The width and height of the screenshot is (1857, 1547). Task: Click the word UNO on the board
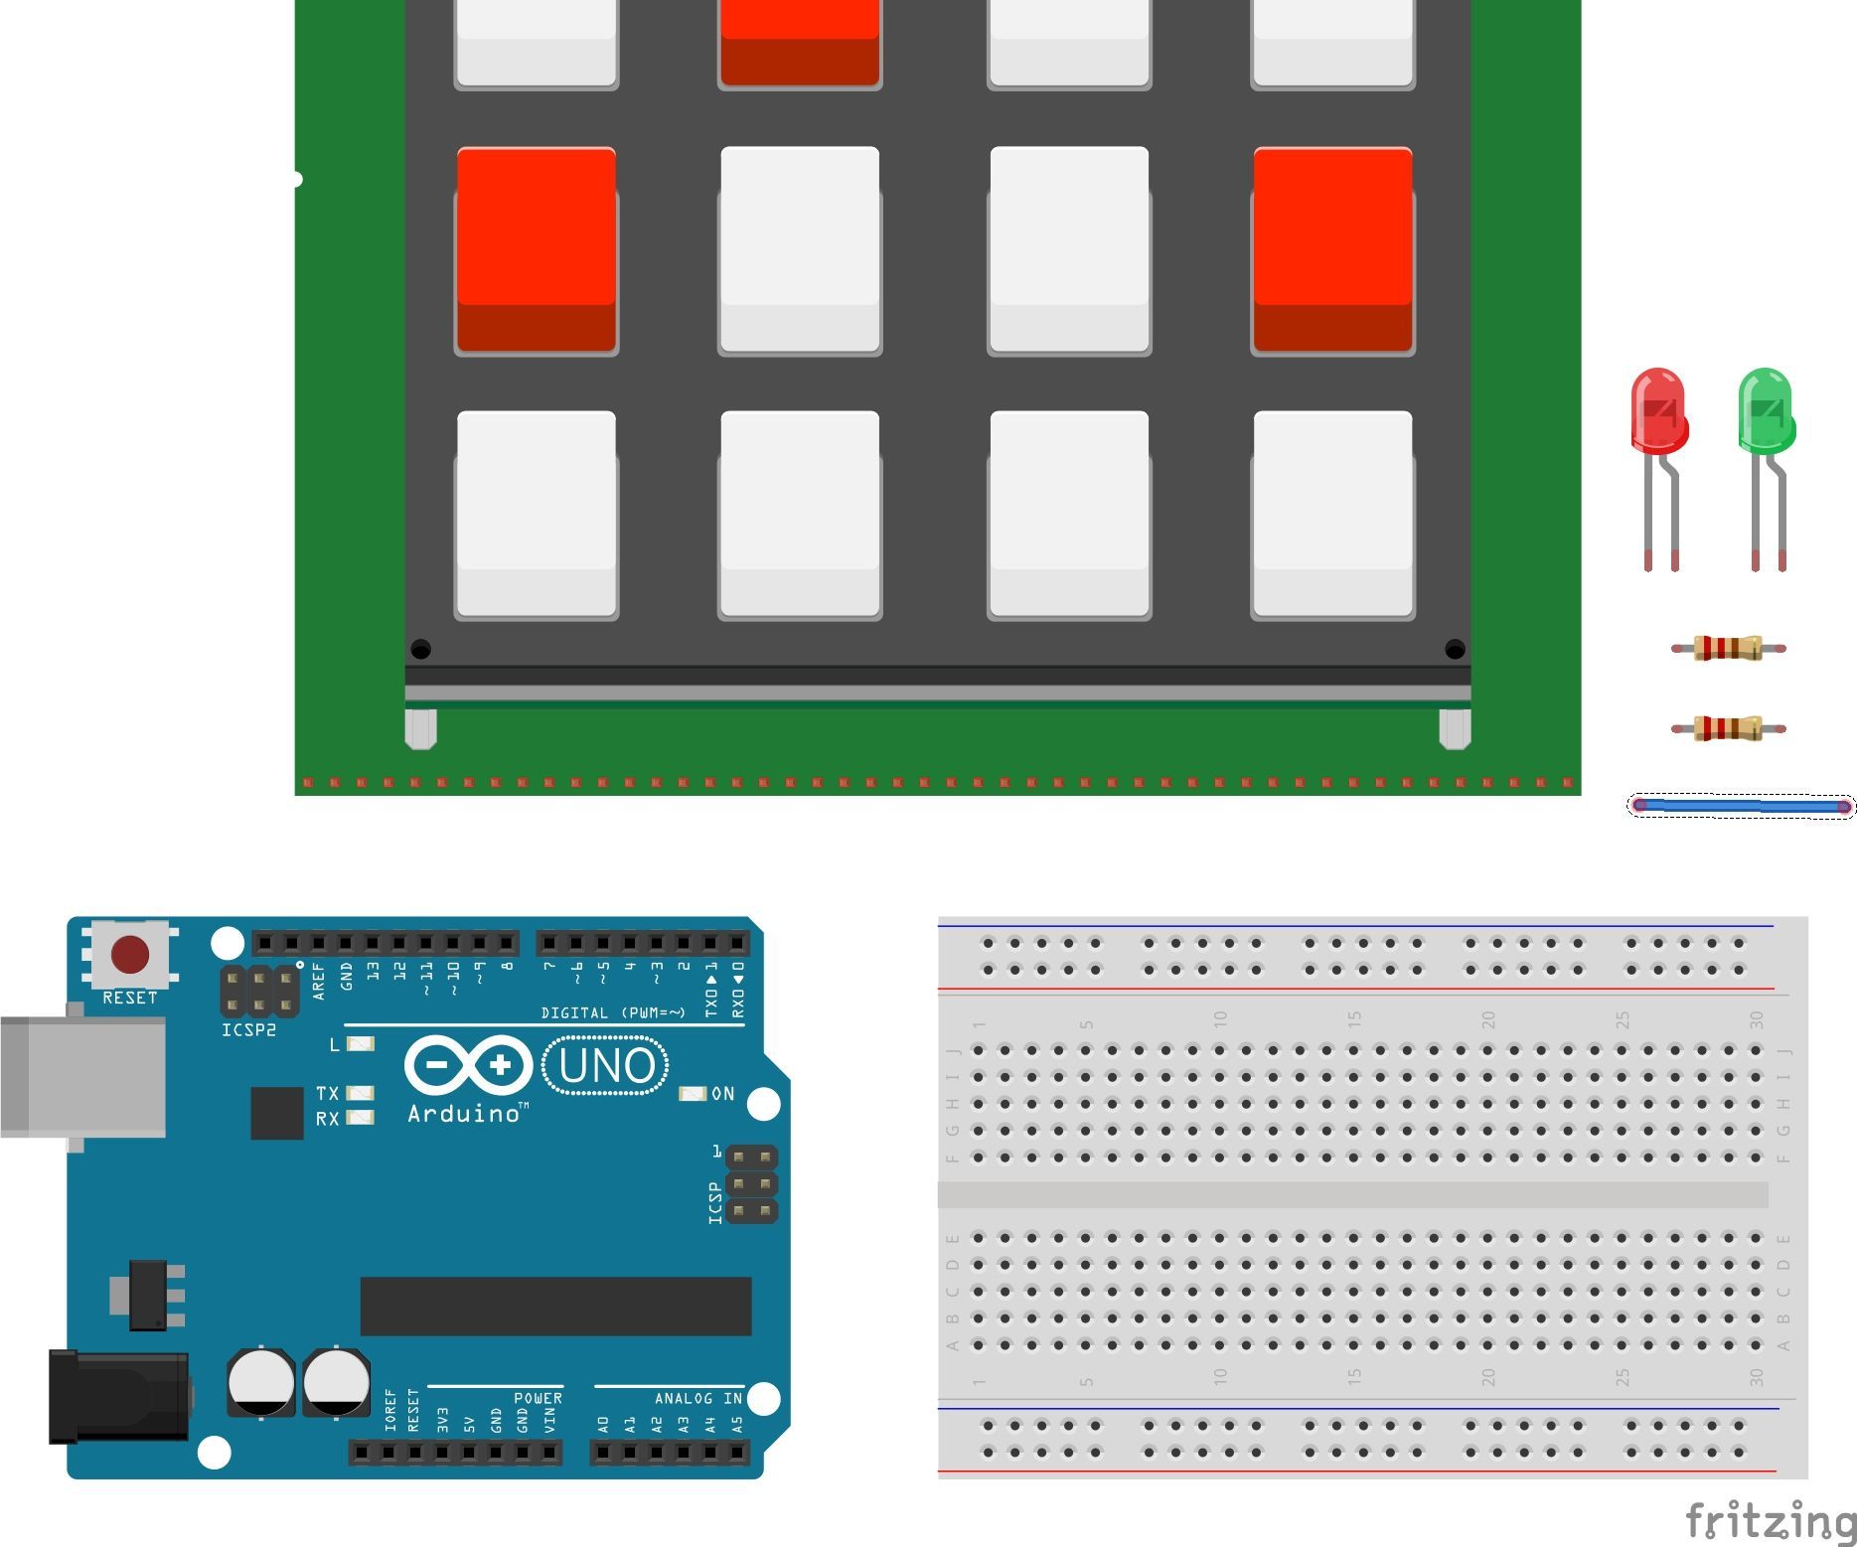pyautogui.click(x=606, y=1066)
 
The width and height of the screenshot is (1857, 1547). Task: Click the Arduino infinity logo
pyautogui.click(x=468, y=1066)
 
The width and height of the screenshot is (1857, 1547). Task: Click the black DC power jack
pyautogui.click(x=119, y=1395)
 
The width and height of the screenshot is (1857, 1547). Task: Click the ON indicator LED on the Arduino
pyautogui.click(x=692, y=1093)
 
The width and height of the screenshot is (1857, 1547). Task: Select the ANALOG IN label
pyautogui.click(x=697, y=1398)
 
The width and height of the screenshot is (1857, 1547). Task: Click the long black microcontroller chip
pyautogui.click(x=555, y=1307)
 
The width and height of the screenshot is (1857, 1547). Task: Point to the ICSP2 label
pyautogui.click(x=248, y=1030)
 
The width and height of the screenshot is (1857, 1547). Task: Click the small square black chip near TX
pyautogui.click(x=276, y=1113)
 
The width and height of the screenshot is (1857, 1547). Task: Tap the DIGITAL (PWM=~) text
pyautogui.click(x=612, y=1012)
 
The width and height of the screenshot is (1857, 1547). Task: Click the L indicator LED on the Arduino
pyautogui.click(x=361, y=1044)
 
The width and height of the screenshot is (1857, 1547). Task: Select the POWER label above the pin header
pyautogui.click(x=538, y=1398)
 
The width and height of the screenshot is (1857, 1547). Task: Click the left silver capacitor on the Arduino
pyautogui.click(x=260, y=1381)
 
